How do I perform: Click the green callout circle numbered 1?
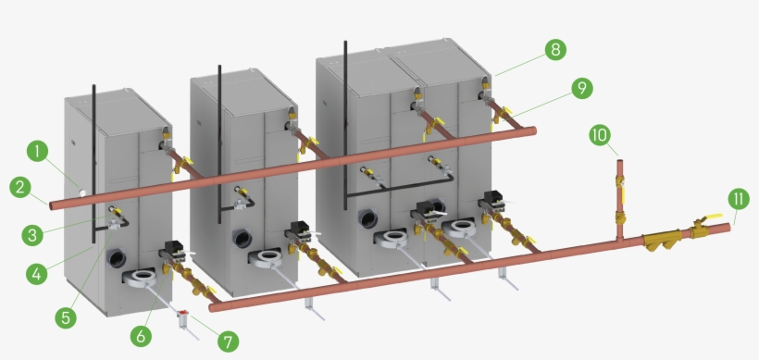tap(37, 151)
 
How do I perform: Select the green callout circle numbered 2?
tap(20, 188)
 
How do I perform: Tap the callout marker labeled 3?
tap(32, 235)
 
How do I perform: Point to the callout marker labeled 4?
tap(37, 274)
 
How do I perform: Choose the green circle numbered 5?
tap(66, 317)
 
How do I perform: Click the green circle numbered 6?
tap(141, 335)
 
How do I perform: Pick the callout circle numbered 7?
tap(228, 341)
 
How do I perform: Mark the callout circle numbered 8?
tap(555, 49)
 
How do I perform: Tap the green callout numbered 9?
tap(582, 88)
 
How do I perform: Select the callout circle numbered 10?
tap(600, 135)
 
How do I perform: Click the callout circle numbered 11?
tap(739, 199)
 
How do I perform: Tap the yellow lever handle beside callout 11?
tap(711, 217)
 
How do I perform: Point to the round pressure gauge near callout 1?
tap(83, 192)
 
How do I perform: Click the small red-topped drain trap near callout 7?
tap(182, 315)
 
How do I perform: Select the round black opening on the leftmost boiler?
tap(117, 258)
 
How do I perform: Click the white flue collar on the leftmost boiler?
tap(142, 278)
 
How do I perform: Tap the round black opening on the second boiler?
tap(242, 239)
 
